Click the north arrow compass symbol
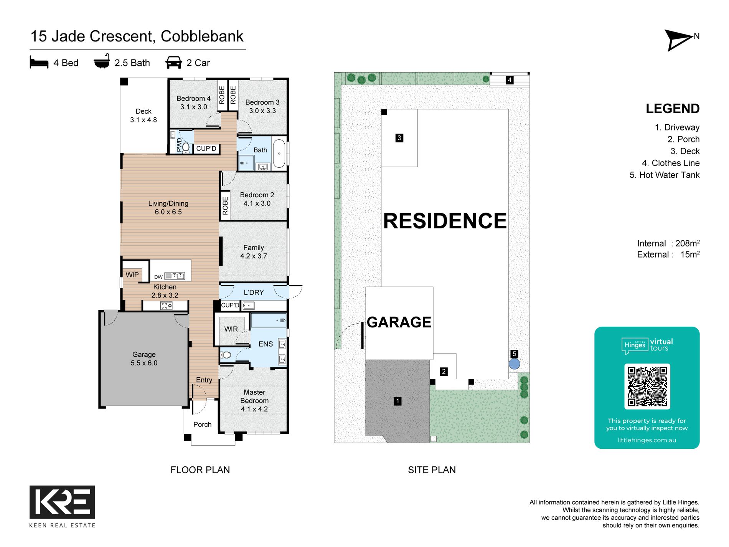[x=678, y=40]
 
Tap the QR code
[x=647, y=386]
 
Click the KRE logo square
[x=62, y=502]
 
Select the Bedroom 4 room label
[x=194, y=102]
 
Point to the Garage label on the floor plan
[x=144, y=359]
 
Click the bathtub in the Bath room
[x=279, y=153]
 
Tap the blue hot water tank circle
[x=515, y=364]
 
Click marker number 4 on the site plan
[x=510, y=80]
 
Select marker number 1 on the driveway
[x=397, y=401]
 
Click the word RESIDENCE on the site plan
[x=445, y=221]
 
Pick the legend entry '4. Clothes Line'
[x=671, y=163]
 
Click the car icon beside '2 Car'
[x=173, y=63]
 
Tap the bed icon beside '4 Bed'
[x=39, y=63]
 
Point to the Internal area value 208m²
[x=687, y=243]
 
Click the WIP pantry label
[x=132, y=275]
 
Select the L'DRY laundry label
[x=254, y=293]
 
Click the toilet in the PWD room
[x=186, y=147]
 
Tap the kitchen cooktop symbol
[x=166, y=306]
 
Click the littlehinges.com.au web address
[x=647, y=440]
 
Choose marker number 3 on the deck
[x=399, y=138]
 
